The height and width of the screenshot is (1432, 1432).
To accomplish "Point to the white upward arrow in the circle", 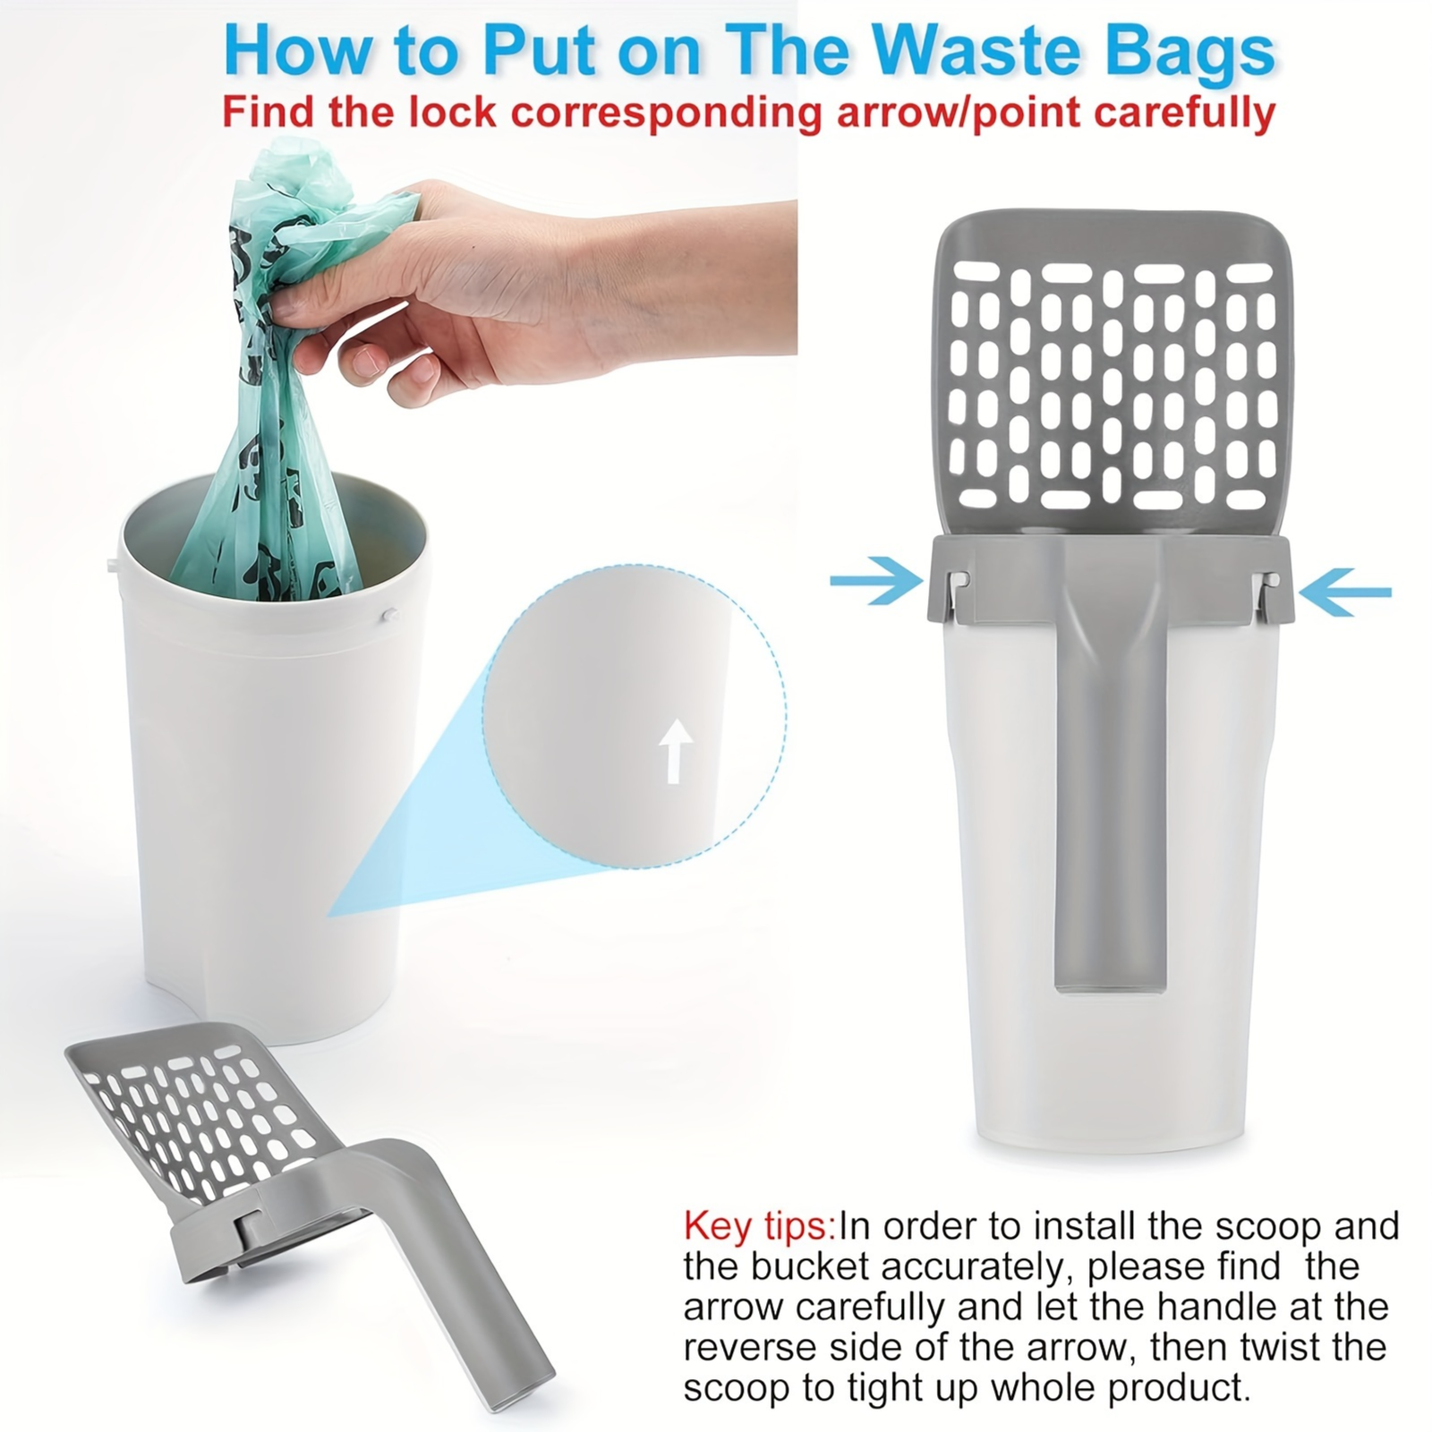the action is click(676, 751).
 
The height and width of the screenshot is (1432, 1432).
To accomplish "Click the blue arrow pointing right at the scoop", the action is click(876, 582).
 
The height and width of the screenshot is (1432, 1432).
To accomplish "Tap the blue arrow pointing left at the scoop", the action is click(1345, 591).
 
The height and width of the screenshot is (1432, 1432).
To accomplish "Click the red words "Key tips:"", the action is click(759, 1226).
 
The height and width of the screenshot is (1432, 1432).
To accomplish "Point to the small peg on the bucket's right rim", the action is click(388, 615).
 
